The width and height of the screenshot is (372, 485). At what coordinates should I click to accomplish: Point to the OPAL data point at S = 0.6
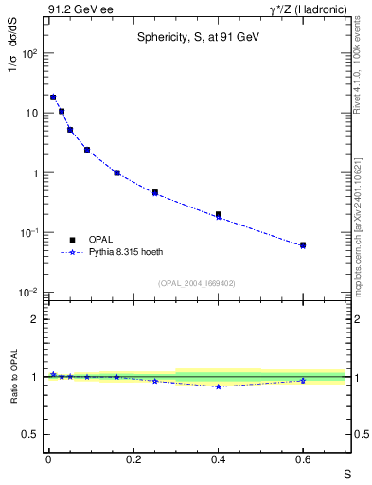[x=303, y=244]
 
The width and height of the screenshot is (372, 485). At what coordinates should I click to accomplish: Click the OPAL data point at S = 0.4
[x=219, y=215]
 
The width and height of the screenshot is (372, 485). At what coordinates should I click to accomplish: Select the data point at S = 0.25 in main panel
[x=154, y=192]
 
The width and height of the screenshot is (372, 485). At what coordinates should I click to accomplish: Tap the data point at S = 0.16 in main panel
[x=116, y=172]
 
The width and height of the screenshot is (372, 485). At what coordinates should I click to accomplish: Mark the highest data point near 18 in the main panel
[x=53, y=97]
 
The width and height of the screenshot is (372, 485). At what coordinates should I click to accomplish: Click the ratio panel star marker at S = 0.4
[x=219, y=386]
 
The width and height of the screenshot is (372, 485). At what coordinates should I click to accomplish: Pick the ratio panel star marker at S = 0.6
[x=303, y=381]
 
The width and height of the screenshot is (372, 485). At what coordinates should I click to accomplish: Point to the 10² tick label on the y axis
[x=29, y=53]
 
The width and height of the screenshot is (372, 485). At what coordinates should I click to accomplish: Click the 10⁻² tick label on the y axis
[x=28, y=293]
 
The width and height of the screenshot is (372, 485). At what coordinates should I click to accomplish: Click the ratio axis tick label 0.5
[x=31, y=434]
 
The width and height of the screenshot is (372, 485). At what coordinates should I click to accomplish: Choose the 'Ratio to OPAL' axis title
[x=12, y=376]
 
